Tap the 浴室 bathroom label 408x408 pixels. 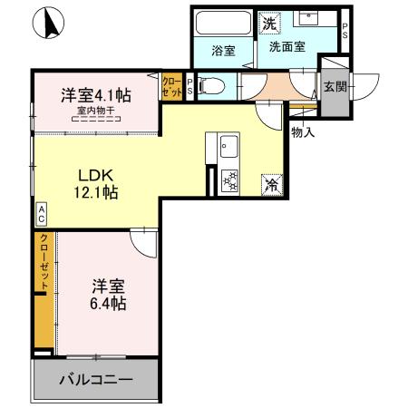[x=223, y=51]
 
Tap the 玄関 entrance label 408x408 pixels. [x=333, y=87]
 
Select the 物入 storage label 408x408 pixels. [x=303, y=132]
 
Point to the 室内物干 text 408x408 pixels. [x=94, y=111]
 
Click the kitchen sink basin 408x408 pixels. [x=227, y=146]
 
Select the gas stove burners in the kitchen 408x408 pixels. [x=228, y=180]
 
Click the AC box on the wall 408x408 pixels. [x=41, y=214]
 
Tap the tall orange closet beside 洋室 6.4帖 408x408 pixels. [x=43, y=290]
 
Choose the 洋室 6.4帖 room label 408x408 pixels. [x=107, y=294]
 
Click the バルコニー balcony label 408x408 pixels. [x=97, y=380]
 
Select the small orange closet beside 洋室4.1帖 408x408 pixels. [x=171, y=86]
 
